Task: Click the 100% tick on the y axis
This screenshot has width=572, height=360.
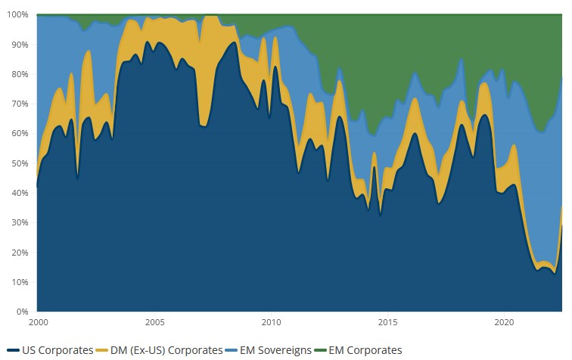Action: (17, 14)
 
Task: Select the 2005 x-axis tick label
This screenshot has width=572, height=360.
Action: (154, 322)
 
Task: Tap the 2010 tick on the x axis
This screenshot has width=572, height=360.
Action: (271, 322)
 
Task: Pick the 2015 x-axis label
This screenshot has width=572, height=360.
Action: (388, 322)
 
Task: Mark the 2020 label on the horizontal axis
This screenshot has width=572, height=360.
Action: (505, 322)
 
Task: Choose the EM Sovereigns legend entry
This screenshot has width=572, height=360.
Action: (272, 350)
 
